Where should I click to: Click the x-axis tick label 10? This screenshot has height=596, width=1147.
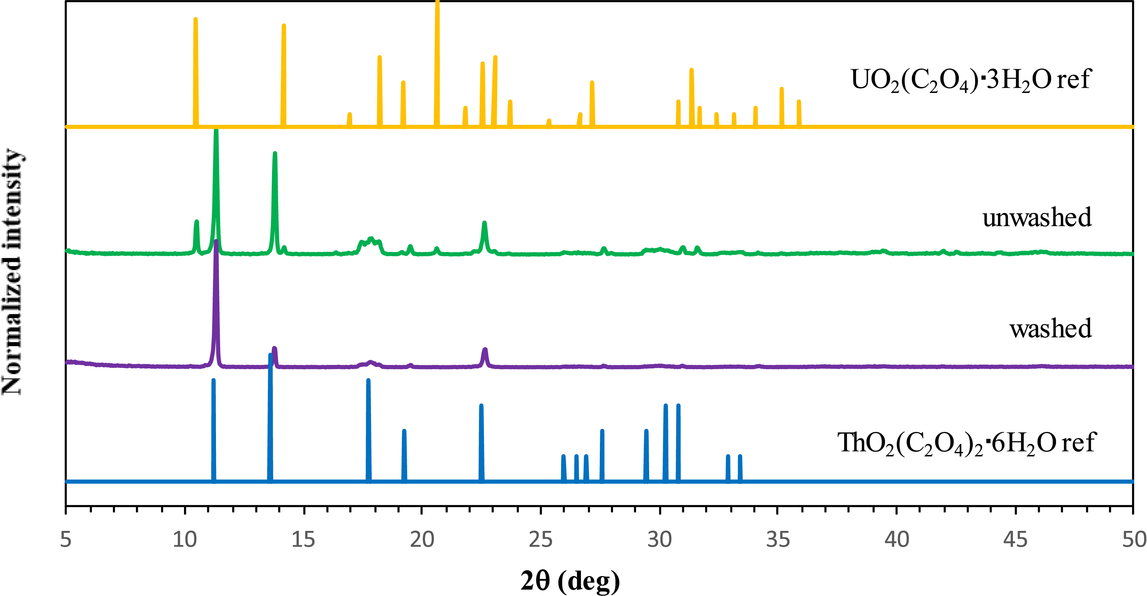pos(184,540)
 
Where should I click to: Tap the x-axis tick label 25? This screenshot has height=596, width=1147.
pos(540,540)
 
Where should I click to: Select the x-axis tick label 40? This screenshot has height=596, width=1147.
pos(896,540)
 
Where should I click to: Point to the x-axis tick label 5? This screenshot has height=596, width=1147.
pos(66,540)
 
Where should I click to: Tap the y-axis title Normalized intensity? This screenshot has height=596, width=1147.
pos(12,272)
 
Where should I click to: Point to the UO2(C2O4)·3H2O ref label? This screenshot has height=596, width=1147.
pos(971,80)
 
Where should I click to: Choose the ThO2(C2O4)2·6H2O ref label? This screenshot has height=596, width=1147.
pos(966,443)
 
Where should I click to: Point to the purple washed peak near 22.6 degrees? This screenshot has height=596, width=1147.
pos(485,352)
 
